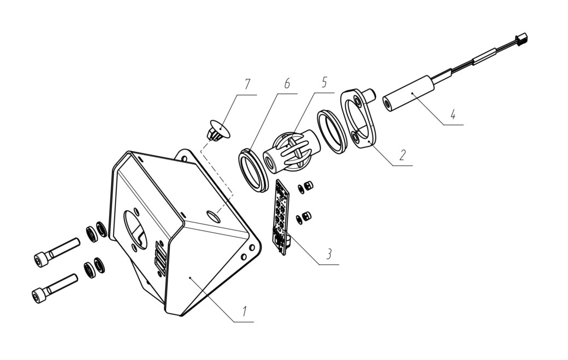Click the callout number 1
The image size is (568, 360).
pyautogui.click(x=245, y=311)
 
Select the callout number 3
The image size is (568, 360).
pyautogui.click(x=329, y=254)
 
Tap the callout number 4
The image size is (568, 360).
pyautogui.click(x=453, y=115)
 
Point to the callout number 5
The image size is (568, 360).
pyautogui.click(x=324, y=82)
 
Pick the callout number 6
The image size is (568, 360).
pyautogui.click(x=287, y=83)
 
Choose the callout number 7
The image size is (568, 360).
pyautogui.click(x=247, y=84)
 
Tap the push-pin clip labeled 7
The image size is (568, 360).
pyautogui.click(x=217, y=130)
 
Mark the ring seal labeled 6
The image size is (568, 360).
pyautogui.click(x=253, y=168)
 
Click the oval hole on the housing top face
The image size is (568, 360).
pyautogui.click(x=214, y=216)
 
